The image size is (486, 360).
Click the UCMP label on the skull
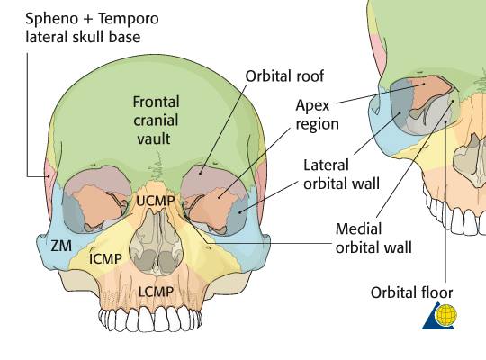point(156,202)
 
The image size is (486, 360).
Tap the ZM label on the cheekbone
point(61,247)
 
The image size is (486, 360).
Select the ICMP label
point(105,259)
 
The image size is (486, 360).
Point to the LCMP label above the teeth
point(156,292)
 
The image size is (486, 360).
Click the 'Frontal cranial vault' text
point(156,121)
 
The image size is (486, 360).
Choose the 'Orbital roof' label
point(284,76)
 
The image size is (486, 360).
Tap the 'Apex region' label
point(317,115)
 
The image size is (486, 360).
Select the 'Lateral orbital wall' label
point(341,175)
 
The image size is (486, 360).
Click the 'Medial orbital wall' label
point(373,238)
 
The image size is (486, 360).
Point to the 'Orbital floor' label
point(411,292)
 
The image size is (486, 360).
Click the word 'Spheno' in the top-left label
point(52,19)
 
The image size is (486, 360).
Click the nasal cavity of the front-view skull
point(157,242)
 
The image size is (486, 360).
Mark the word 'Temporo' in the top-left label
point(129,18)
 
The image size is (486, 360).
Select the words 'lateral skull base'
point(83,37)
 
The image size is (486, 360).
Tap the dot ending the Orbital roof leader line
point(201,174)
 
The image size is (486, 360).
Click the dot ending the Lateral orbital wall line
point(239,212)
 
